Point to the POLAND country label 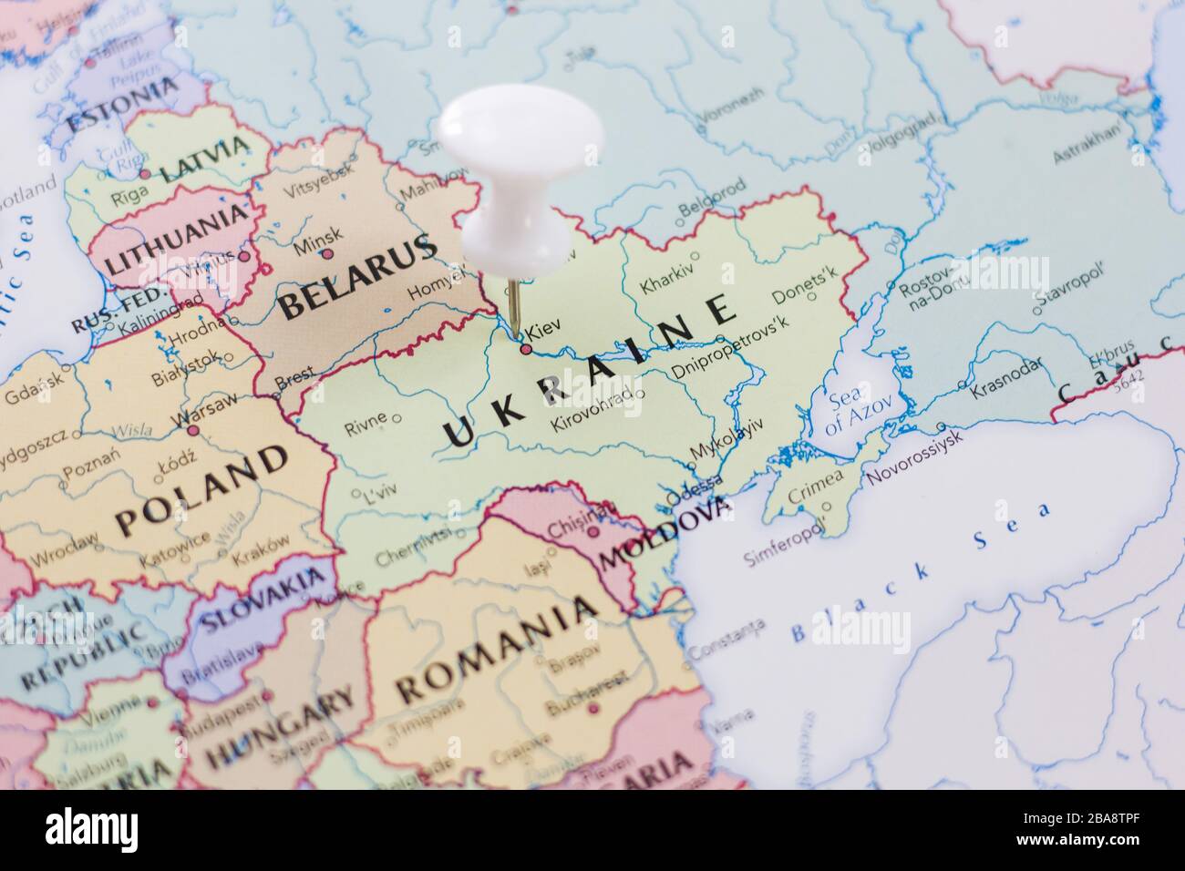(201, 491)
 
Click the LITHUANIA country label (178, 240)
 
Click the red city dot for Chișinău (592, 532)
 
